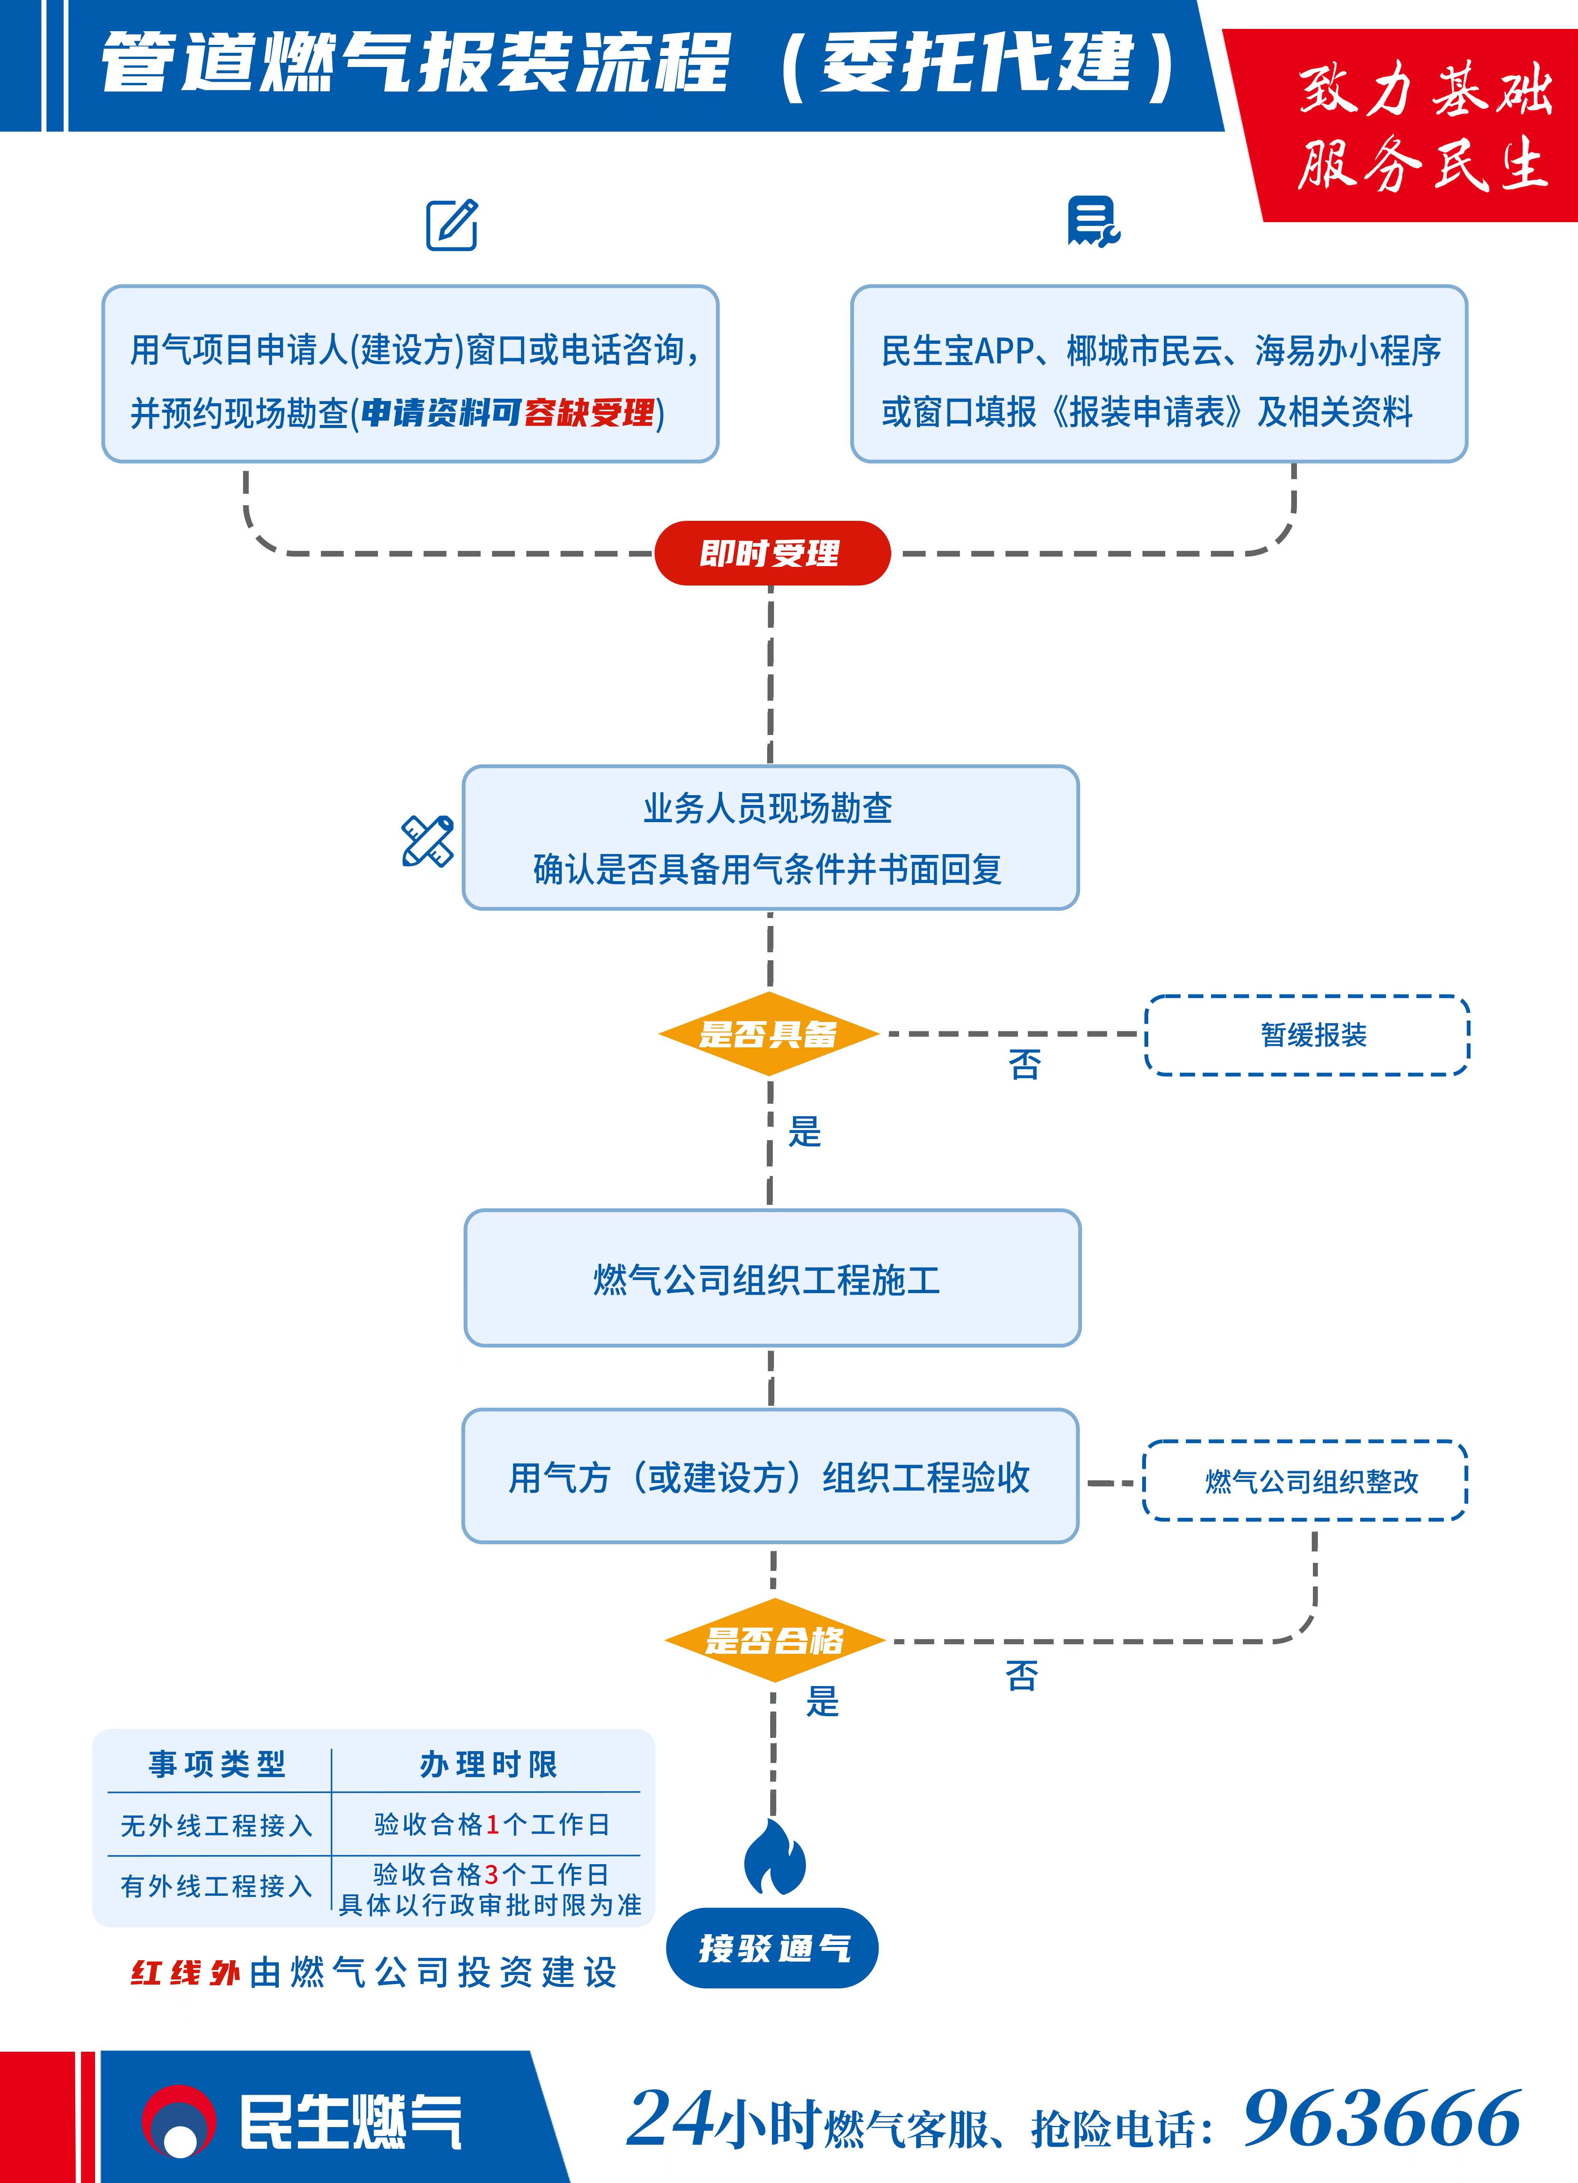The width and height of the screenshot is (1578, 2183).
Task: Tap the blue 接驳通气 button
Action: pyautogui.click(x=772, y=1948)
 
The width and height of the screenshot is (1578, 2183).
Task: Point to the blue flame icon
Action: pyautogui.click(x=775, y=1858)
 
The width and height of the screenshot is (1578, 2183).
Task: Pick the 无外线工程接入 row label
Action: pyautogui.click(x=216, y=1826)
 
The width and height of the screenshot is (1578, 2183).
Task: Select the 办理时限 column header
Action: pyautogui.click(x=488, y=1764)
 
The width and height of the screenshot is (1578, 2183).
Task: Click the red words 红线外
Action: pyautogui.click(x=185, y=1972)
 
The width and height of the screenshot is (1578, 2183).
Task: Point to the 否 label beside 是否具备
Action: pyautogui.click(x=1025, y=1064)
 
